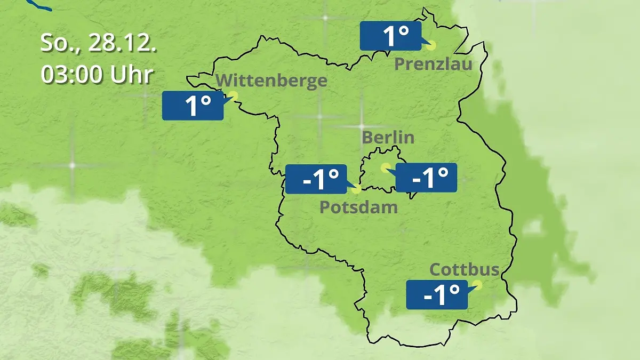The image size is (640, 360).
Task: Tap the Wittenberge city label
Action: [272, 81]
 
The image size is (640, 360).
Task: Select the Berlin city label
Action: [388, 137]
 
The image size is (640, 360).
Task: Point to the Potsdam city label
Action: [358, 207]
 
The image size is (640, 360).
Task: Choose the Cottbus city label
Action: [465, 269]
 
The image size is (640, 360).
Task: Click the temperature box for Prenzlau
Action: [390, 36]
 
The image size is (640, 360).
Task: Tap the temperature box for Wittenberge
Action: [193, 106]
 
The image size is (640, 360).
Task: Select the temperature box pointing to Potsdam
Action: [316, 179]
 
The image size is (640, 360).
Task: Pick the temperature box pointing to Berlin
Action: [426, 178]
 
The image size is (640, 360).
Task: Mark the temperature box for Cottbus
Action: [437, 294]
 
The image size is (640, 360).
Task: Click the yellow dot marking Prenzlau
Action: [430, 46]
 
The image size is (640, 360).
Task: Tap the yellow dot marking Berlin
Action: [385, 167]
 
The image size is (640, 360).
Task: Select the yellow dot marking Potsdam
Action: [356, 188]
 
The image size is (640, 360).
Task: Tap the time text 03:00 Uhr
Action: [97, 74]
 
